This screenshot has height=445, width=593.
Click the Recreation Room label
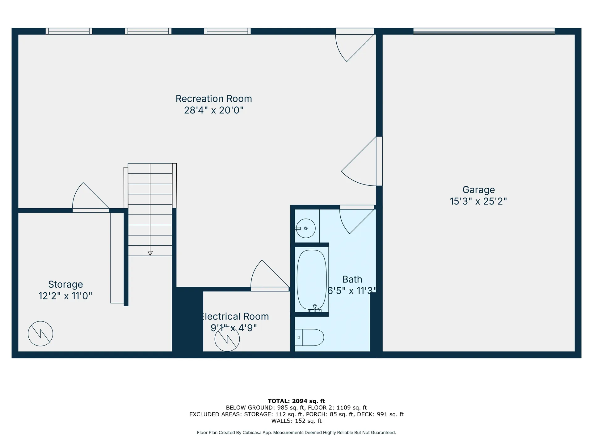coord(214,99)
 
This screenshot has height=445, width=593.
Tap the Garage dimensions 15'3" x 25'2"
coord(478,201)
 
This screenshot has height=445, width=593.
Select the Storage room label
coord(65,285)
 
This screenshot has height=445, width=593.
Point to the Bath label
coord(352,279)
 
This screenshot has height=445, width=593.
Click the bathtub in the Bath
coord(312,280)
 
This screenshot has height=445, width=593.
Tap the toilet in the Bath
coord(310,337)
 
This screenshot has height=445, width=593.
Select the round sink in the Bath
coord(305,228)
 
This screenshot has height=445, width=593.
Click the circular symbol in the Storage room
coord(40,334)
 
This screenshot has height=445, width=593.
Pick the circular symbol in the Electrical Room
coord(227,339)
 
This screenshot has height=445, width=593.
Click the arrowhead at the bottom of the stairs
coord(150,253)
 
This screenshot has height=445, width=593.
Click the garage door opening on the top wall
coord(484,31)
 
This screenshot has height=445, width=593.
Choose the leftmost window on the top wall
coord(69,31)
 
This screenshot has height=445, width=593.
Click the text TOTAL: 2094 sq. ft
coord(296,401)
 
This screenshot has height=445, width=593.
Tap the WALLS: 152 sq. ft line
coord(296,421)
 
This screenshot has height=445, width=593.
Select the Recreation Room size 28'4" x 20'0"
coord(214,110)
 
